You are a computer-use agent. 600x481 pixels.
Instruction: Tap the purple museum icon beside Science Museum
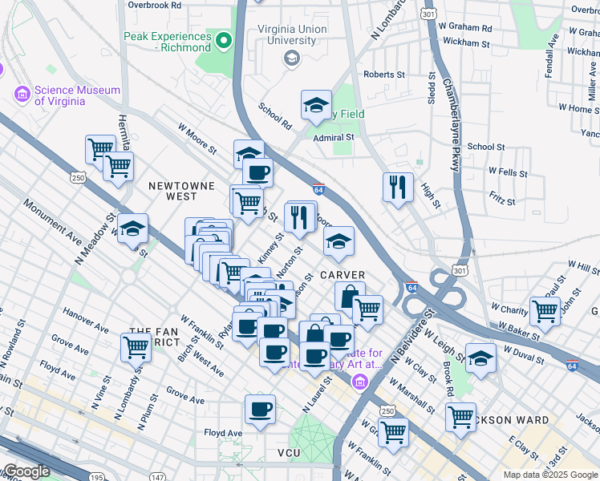22,95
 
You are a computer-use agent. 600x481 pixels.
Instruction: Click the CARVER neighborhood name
343,275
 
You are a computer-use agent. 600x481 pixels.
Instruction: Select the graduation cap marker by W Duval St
480,358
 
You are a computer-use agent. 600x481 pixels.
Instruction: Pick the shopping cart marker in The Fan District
136,346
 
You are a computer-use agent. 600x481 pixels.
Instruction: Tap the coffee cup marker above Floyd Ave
260,410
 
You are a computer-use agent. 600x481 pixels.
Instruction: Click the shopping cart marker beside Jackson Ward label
460,416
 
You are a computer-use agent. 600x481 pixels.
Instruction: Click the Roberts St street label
384,75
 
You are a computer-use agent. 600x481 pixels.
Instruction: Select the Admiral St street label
333,138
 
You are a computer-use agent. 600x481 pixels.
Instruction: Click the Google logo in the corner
27,471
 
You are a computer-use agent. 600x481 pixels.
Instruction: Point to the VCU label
288,454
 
